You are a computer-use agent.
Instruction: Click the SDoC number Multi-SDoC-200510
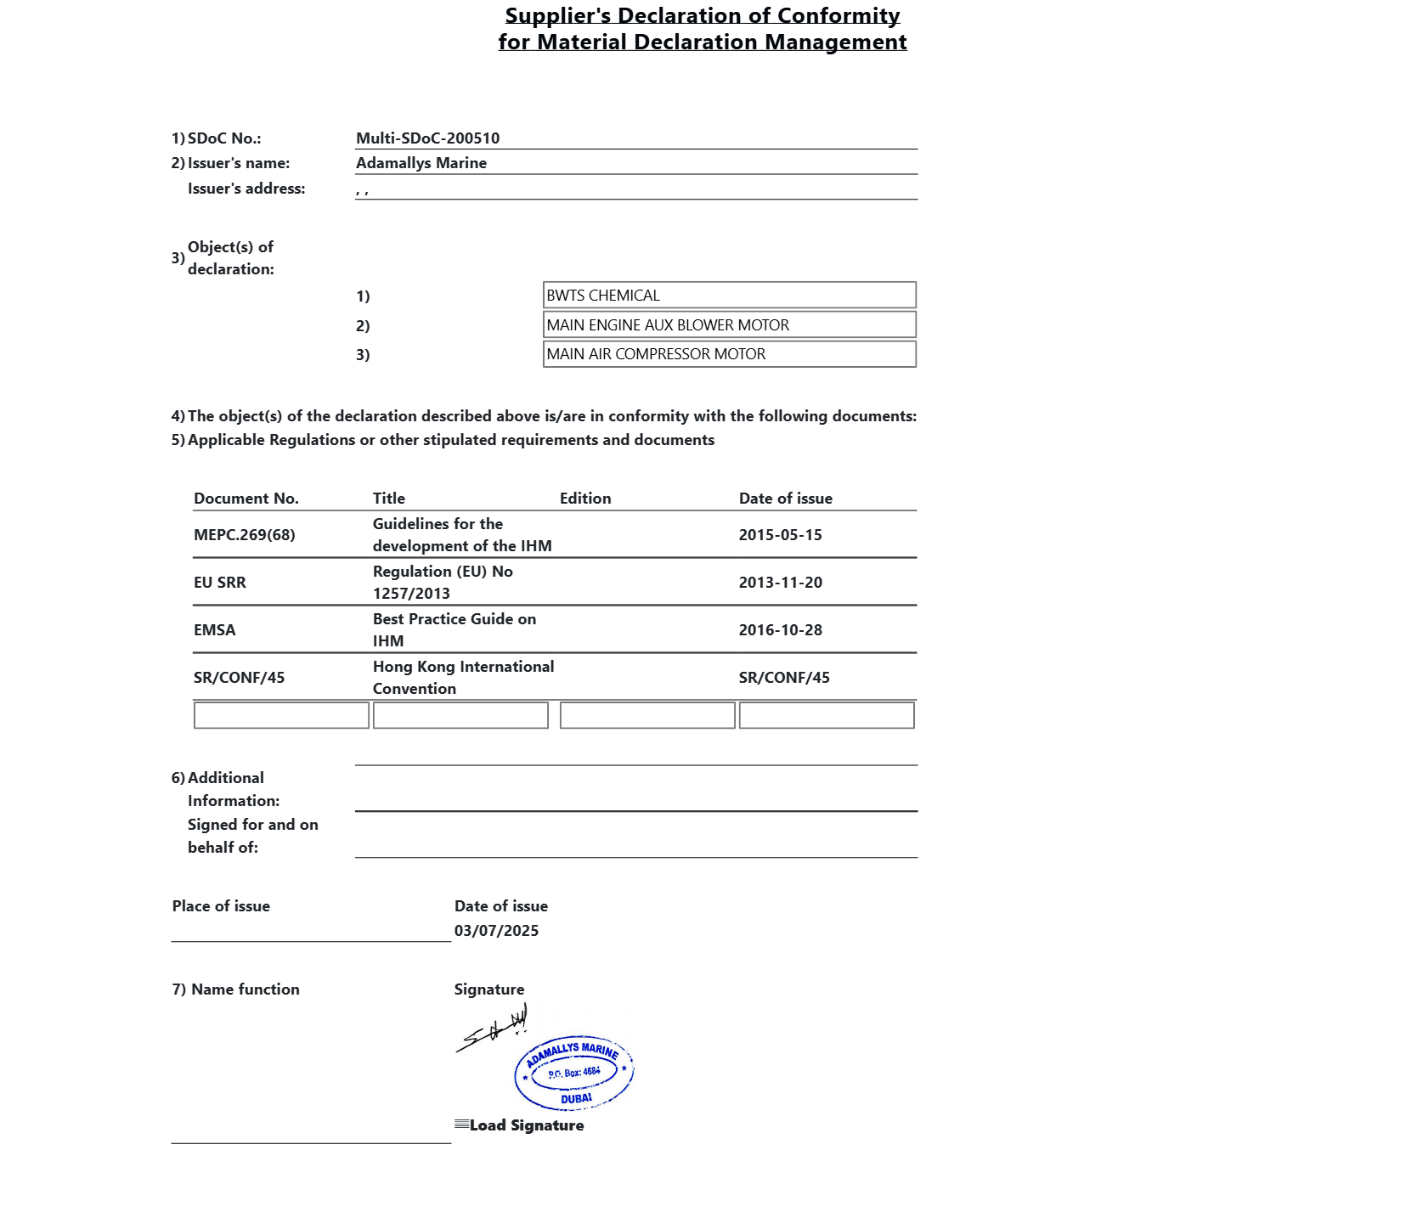[x=427, y=138]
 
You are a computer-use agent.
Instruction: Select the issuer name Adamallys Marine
[x=421, y=163]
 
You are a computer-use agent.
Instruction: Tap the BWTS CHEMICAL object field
[x=729, y=296]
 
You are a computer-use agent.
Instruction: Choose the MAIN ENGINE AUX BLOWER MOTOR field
[x=729, y=325]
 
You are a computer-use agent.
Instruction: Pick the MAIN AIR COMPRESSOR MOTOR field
[x=729, y=354]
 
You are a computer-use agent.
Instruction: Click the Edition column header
[x=585, y=499]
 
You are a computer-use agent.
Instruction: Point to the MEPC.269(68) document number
[x=245, y=535]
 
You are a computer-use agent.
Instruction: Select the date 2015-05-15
[x=780, y=535]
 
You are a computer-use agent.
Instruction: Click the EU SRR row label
[x=220, y=583]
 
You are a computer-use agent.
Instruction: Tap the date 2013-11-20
[x=780, y=583]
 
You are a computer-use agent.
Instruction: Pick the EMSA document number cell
[x=215, y=630]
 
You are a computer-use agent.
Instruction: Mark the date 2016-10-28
[x=780, y=630]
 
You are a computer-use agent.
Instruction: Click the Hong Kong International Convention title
[x=463, y=678]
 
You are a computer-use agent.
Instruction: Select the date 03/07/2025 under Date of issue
[x=496, y=931]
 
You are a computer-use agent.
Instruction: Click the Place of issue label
[x=221, y=906]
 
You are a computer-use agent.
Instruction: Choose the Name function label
[x=245, y=989]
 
